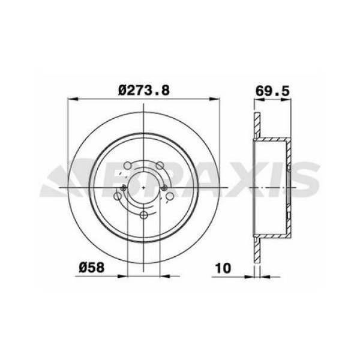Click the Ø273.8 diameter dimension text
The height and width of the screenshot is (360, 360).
(x=144, y=90)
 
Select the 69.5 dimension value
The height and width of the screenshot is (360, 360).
(x=273, y=90)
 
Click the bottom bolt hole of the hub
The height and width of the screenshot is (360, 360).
(x=144, y=217)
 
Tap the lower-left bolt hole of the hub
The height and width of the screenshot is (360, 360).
(x=118, y=197)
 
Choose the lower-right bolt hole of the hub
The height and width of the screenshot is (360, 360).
(x=170, y=197)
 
